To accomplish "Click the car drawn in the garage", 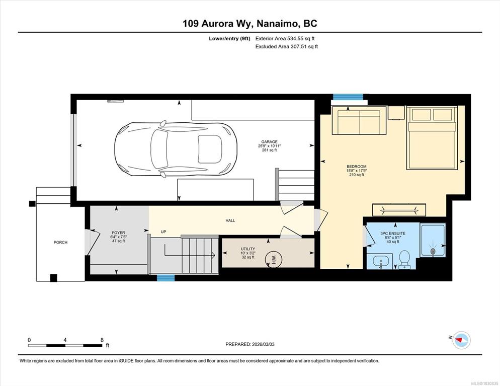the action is coord(176,149).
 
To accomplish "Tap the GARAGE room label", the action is coord(270,141).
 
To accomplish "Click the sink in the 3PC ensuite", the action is coord(380,261).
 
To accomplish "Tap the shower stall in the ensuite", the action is coord(433,240).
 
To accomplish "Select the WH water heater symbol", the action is coord(273,258).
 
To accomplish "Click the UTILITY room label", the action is coord(248,249).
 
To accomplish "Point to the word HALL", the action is coord(230,220).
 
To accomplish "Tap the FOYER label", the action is coord(118,233).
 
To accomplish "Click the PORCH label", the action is coord(60,243).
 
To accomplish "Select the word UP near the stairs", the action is coord(163,232).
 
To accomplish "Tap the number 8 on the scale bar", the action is coord(102,340).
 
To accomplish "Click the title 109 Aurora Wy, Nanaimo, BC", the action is coord(250,24).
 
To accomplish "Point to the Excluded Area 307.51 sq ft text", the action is coord(287,47).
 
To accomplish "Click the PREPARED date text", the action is coord(250,344).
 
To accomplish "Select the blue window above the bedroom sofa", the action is coord(348,97).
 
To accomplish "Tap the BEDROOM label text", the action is coord(357,167).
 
